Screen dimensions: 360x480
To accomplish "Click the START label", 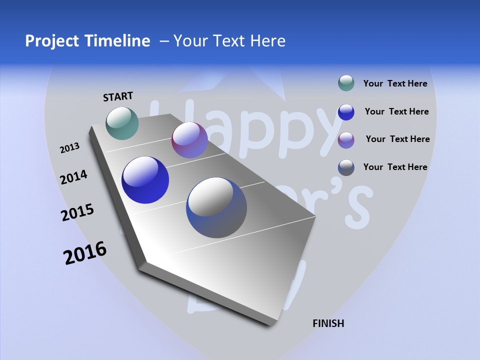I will [x=118, y=96].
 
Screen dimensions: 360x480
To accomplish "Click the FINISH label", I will [x=328, y=323].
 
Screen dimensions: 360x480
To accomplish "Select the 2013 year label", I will [x=69, y=148].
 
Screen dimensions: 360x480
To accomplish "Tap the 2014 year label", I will [x=73, y=177].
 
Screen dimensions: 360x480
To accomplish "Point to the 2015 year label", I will [x=77, y=212].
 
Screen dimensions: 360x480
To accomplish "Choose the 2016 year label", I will [x=85, y=253].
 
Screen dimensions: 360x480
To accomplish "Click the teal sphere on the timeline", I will [x=122, y=123].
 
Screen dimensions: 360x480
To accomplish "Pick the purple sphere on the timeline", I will [x=189, y=140].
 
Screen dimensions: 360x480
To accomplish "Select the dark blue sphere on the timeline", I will [x=145, y=180].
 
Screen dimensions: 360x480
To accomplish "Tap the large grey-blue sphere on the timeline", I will [x=216, y=207].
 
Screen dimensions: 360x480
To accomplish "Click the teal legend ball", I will [x=346, y=83].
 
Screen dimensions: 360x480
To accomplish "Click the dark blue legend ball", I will [x=346, y=112].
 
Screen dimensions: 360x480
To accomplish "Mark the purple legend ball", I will [x=346, y=140].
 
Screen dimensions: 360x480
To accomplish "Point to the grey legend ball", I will [x=346, y=167].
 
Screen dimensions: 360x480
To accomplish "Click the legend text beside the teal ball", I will [x=395, y=83].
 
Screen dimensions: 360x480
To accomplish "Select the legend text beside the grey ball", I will [x=395, y=167].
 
